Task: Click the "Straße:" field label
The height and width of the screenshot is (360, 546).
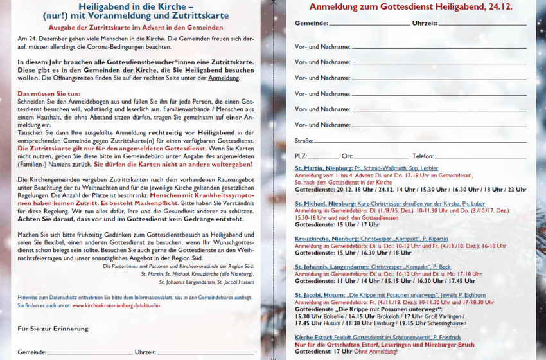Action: (x=304, y=140)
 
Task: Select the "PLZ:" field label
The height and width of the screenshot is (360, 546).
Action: (x=301, y=156)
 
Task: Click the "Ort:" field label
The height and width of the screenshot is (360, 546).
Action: (x=348, y=156)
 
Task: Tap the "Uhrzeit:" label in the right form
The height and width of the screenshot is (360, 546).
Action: (x=425, y=23)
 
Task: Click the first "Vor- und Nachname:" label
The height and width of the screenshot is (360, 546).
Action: (x=322, y=47)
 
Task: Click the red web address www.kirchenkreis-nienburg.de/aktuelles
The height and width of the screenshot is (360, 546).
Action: (x=116, y=306)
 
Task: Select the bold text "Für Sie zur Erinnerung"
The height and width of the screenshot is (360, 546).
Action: (x=53, y=329)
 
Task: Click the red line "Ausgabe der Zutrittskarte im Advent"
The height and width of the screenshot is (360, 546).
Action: (x=136, y=28)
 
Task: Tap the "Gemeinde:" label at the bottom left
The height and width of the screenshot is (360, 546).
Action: (x=31, y=352)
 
